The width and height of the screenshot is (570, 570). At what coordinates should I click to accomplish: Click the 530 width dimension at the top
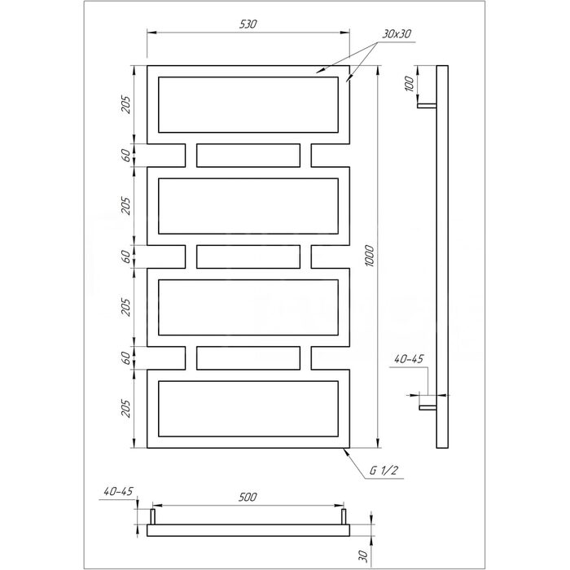(x=248, y=24)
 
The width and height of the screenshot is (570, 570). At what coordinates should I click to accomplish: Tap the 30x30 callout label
(x=397, y=34)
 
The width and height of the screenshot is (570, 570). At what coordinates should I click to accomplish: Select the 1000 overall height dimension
(x=370, y=256)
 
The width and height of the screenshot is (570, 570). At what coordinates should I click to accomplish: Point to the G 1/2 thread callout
(x=384, y=471)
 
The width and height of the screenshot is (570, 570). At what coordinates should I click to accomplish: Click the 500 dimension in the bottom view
(x=248, y=497)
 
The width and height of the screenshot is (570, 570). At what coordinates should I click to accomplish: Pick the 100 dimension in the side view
(x=410, y=84)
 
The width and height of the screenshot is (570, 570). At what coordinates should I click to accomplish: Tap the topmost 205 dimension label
(x=125, y=105)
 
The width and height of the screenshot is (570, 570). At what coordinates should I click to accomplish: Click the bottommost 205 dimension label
(x=125, y=408)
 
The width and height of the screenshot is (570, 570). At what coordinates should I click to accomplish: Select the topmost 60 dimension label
(x=125, y=156)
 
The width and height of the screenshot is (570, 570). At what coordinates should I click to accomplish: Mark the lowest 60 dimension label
(x=125, y=358)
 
